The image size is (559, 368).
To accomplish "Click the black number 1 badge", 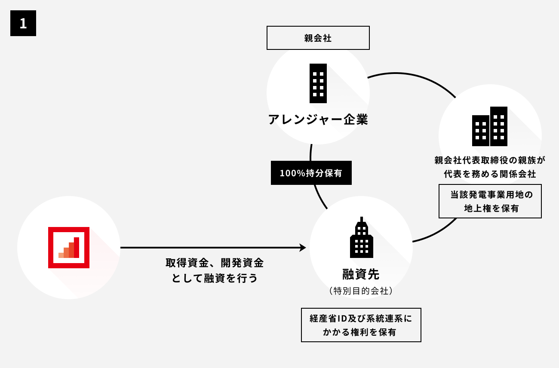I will (23, 23).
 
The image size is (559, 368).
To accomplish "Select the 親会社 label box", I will (318, 38).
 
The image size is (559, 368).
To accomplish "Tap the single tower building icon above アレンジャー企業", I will (318, 83).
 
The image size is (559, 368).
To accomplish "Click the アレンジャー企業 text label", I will (318, 119).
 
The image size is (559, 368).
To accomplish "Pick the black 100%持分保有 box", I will (311, 173).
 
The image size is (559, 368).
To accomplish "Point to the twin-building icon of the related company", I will (490, 126).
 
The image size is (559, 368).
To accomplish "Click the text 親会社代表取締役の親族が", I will (490, 160).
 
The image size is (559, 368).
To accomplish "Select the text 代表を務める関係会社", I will (490, 174).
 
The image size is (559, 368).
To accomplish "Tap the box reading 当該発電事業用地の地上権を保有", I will (490, 201).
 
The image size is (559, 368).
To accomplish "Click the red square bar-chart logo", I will (69, 248).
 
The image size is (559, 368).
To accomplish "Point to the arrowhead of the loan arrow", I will (303, 248).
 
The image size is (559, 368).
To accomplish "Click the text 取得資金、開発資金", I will (215, 263).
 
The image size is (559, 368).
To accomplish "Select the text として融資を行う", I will (215, 278).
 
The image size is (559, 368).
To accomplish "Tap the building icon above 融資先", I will (361, 239).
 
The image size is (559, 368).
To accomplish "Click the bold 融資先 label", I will (361, 274).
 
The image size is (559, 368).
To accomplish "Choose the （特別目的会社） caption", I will (361, 291).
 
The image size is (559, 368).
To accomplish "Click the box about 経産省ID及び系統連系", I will (361, 325).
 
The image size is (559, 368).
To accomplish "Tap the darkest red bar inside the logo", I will (77, 248).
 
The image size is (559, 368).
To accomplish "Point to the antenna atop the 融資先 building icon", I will (362, 219).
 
